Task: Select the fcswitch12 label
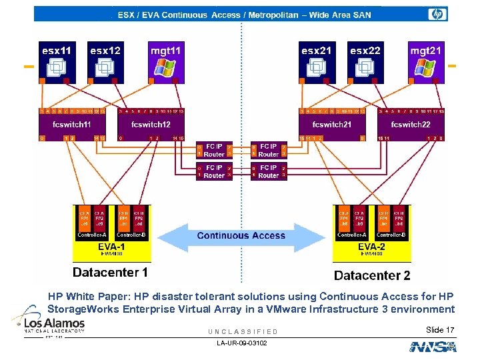(x=150, y=125)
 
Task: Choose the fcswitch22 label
(x=411, y=125)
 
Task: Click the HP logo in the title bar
(x=437, y=14)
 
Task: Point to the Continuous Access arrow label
(x=241, y=235)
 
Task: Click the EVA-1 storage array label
(x=111, y=247)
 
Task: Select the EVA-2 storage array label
(x=371, y=247)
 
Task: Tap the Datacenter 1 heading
(x=110, y=272)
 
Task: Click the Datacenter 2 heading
(x=372, y=275)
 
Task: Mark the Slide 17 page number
(x=440, y=330)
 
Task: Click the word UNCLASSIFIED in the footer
(x=243, y=331)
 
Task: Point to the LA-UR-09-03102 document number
(x=241, y=343)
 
